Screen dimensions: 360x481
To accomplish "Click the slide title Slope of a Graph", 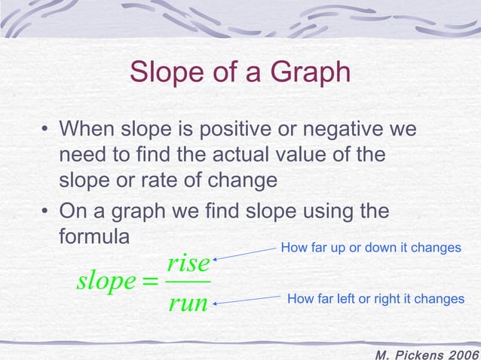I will (x=240, y=73).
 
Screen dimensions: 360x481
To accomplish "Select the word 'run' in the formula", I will (x=188, y=304).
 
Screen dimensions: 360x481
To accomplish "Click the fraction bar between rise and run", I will (x=188, y=284).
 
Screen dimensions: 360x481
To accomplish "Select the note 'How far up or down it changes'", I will (x=370, y=248).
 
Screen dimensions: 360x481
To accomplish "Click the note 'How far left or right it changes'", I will (x=375, y=299).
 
